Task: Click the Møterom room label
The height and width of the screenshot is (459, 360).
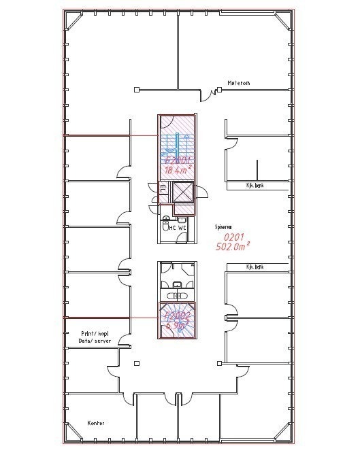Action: coord(239,83)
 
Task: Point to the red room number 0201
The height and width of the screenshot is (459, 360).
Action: coord(235,237)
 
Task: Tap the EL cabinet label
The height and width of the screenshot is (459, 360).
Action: coord(163,189)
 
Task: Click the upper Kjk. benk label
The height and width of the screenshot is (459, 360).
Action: coord(255,184)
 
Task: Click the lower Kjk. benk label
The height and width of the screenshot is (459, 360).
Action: coord(255,267)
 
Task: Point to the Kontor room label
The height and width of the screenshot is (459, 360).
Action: coord(96,422)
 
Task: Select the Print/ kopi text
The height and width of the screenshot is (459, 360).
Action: coord(95,334)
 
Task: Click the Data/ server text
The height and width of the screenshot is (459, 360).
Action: coord(95,342)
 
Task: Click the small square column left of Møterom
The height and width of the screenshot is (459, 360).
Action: coord(137,89)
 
